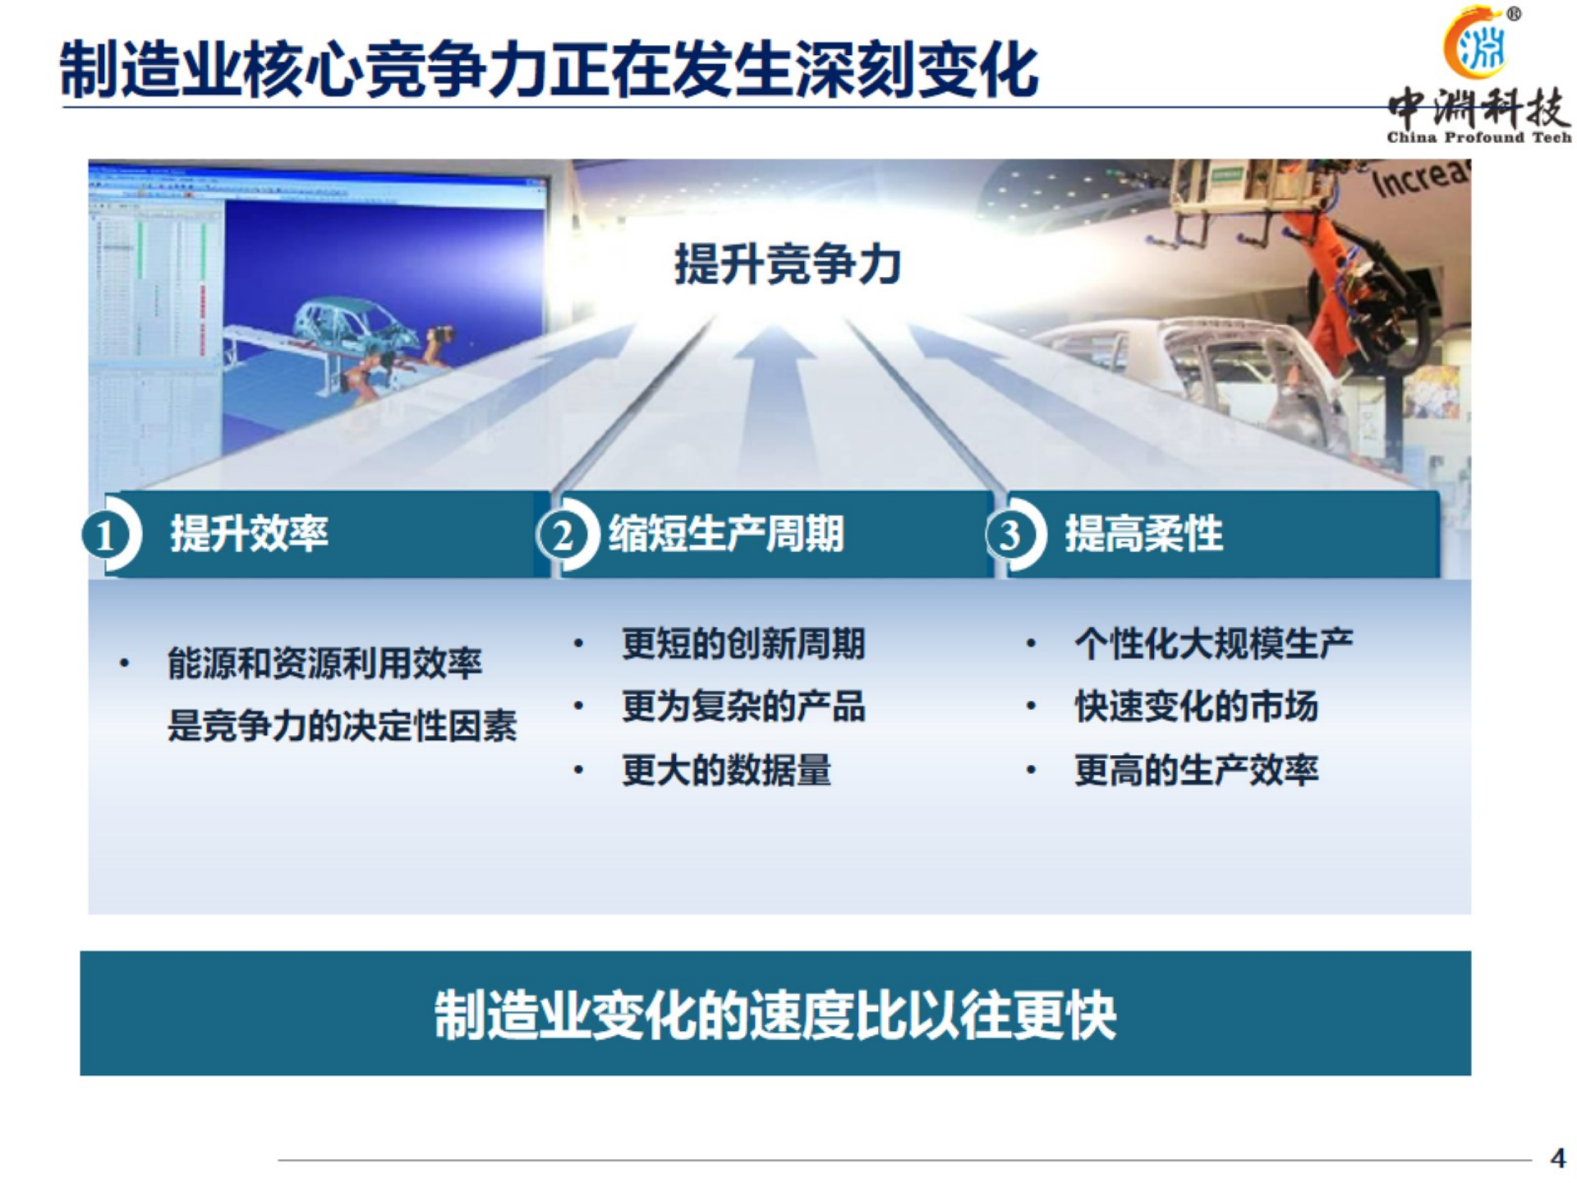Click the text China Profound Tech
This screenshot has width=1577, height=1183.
[1478, 138]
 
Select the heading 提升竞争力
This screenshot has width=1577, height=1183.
[787, 265]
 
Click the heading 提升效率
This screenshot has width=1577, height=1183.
[249, 534]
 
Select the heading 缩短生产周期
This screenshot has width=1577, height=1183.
[726, 534]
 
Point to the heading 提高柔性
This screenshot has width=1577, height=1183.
[1143, 534]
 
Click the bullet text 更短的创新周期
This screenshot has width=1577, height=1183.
[743, 643]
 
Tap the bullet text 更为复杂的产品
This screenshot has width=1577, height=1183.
[743, 707]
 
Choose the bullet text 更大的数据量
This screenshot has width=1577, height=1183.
[726, 770]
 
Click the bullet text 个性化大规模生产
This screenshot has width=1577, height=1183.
[1213, 643]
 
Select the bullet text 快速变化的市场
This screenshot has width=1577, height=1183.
[1196, 707]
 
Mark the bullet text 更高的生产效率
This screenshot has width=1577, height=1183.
[1196, 770]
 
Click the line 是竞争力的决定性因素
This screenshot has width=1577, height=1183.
[342, 726]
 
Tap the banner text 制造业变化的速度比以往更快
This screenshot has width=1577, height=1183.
[775, 1015]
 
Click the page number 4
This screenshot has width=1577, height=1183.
[1557, 1158]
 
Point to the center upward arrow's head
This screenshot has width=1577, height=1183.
[774, 345]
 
